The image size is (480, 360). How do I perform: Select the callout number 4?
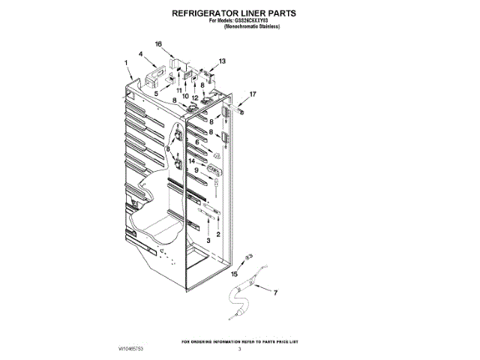[140, 54]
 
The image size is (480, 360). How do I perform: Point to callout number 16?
[158, 44]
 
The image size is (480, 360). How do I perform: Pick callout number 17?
[253, 94]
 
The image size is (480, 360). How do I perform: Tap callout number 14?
[192, 160]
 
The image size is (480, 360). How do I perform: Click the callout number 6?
[197, 142]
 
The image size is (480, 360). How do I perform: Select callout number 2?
[218, 235]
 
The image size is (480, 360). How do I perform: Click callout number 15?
[233, 274]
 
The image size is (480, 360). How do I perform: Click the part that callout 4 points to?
[157, 73]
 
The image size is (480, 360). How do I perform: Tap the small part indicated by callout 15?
[247, 259]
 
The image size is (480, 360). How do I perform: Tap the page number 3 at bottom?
[240, 350]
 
